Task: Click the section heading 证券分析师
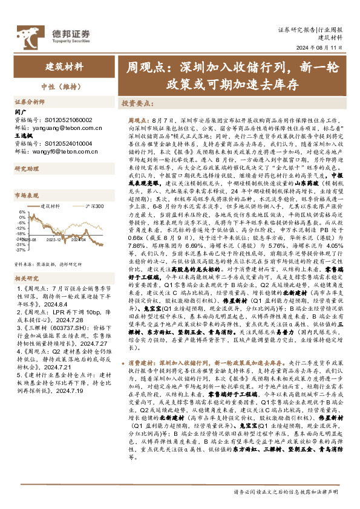coord(30,102)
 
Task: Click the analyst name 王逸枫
coord(22,136)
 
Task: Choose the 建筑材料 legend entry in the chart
coord(51,207)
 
